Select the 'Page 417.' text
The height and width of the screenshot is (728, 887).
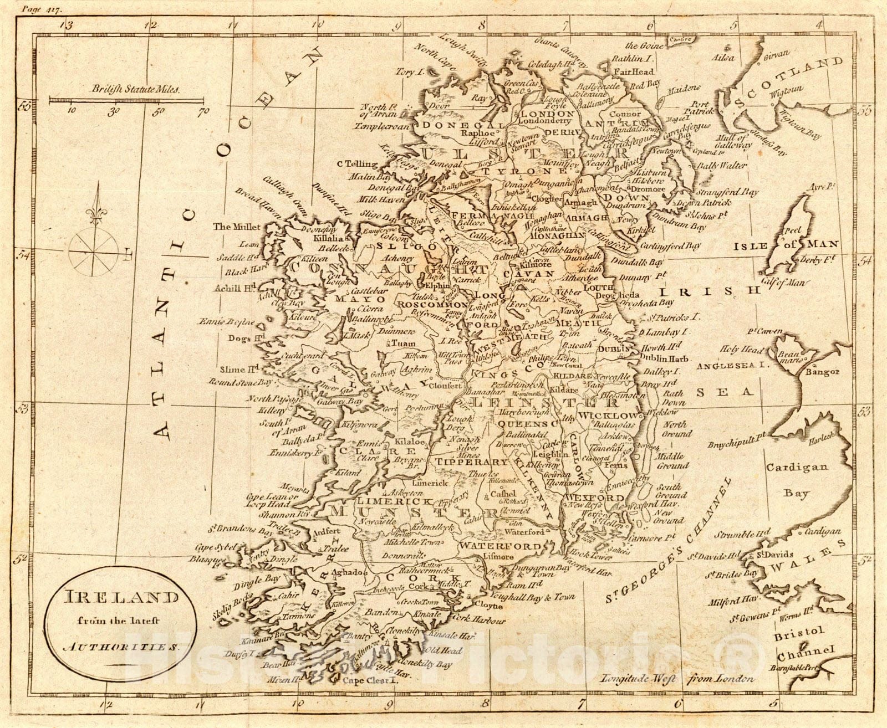coord(48,9)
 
